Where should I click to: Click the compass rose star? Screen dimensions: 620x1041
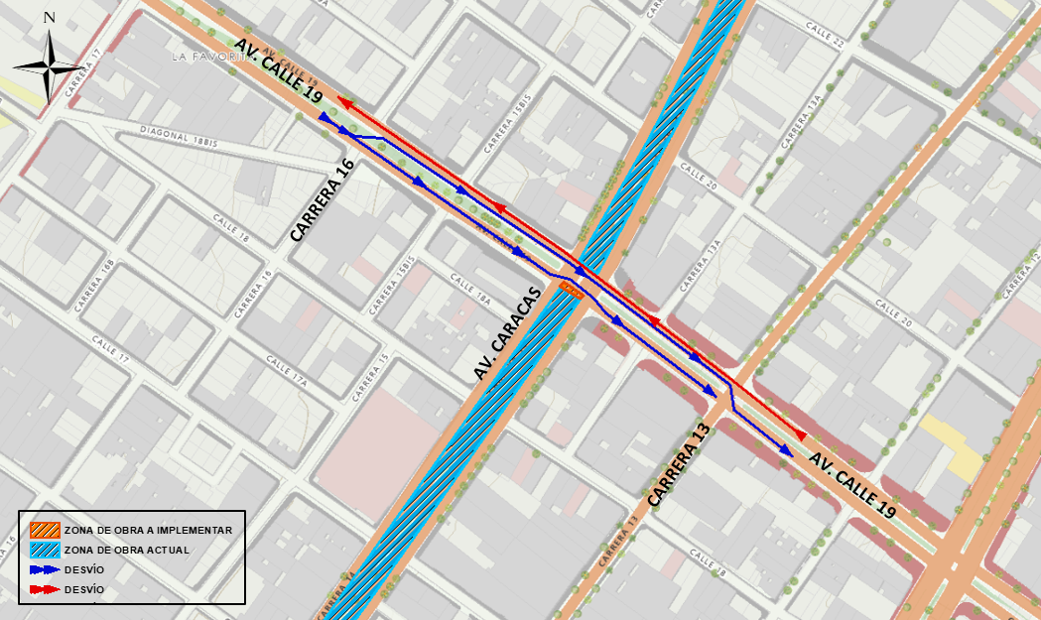[x=49, y=66]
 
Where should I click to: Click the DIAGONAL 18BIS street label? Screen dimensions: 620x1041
[x=179, y=136]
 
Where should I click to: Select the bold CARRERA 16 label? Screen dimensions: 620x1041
[x=322, y=202]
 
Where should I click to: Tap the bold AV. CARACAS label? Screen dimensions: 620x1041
[x=506, y=333]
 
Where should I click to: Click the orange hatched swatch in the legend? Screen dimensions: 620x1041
[x=44, y=530]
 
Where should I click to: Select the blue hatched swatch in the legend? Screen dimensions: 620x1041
[x=44, y=550]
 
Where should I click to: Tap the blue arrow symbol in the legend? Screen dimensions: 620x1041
[x=44, y=569]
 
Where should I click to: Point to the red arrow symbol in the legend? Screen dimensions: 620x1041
[x=44, y=589]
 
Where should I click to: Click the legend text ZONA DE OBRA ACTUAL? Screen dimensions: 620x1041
[x=126, y=550]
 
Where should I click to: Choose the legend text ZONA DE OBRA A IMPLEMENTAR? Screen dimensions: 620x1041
[x=148, y=530]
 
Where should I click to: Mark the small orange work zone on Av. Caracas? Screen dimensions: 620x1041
[x=571, y=289]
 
